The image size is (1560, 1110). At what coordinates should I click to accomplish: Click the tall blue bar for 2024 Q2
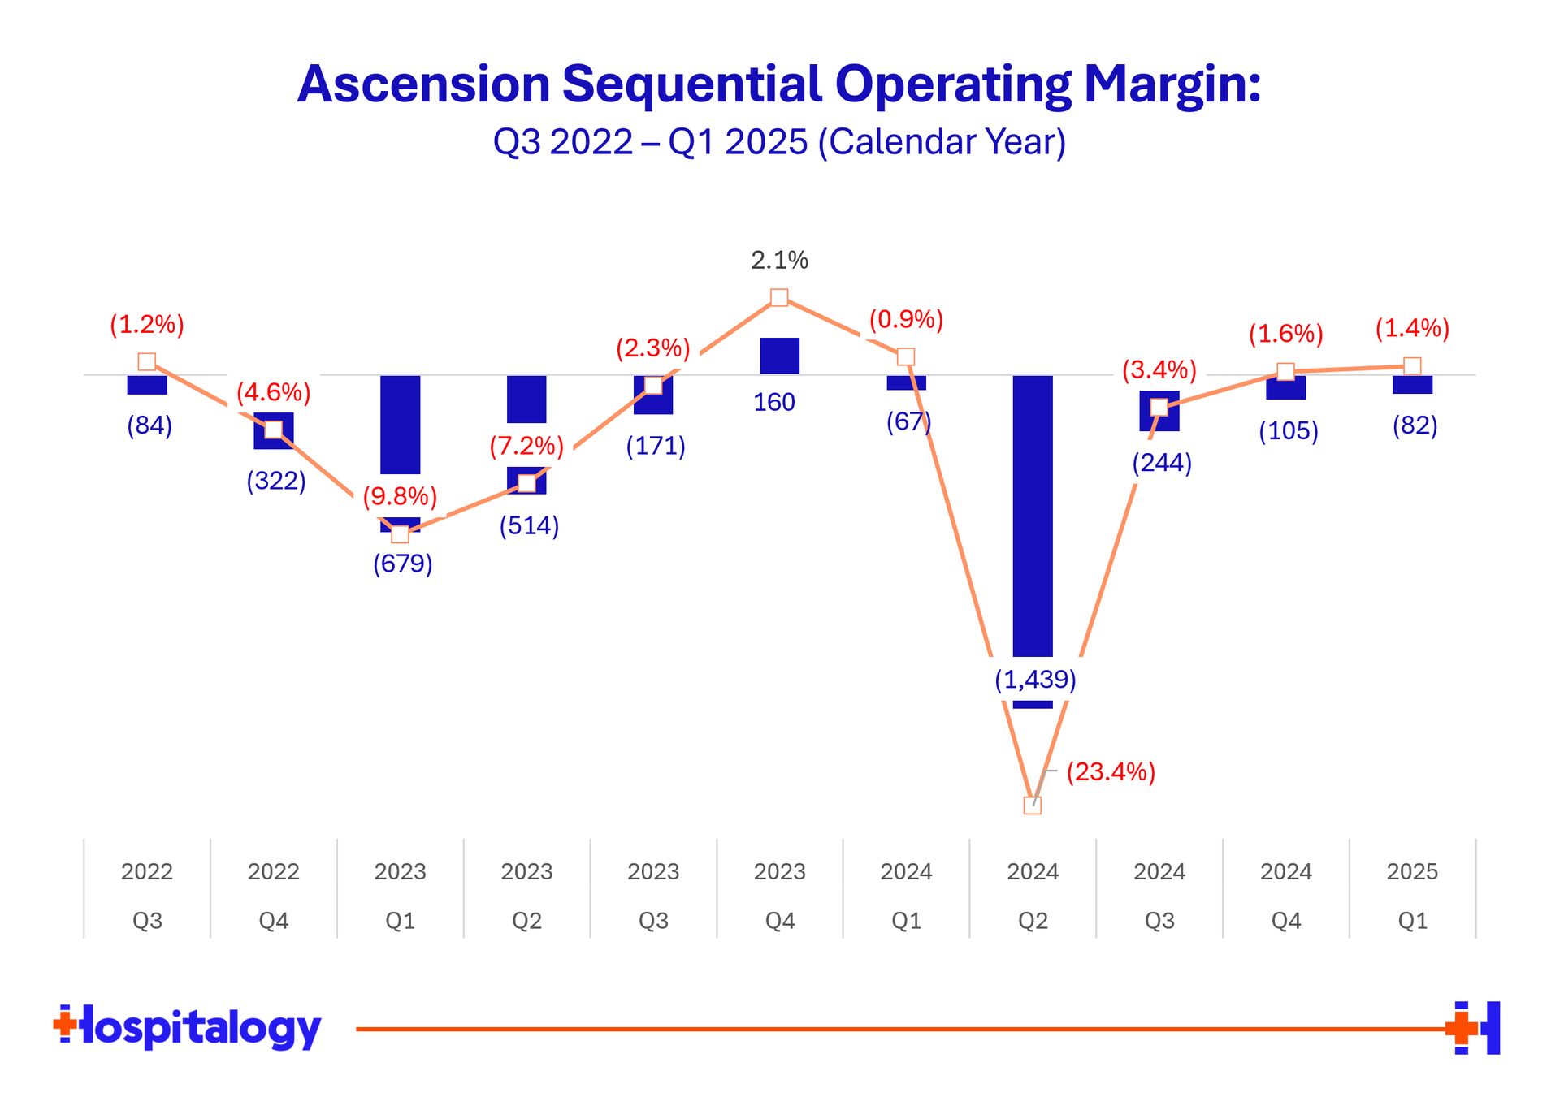point(1033,520)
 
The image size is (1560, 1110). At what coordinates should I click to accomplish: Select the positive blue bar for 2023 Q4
point(780,356)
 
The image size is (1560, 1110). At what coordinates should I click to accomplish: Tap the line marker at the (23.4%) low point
point(1033,805)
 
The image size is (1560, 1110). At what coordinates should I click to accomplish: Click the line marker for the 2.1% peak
point(779,297)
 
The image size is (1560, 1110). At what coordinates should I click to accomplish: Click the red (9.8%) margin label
point(400,495)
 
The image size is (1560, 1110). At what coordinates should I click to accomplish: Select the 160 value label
point(774,402)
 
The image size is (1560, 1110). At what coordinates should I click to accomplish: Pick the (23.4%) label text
point(1111,771)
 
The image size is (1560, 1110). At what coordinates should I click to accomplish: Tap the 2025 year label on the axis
point(1413,871)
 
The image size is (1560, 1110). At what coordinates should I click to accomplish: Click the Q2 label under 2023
point(526,921)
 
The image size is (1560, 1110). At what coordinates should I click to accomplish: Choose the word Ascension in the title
point(423,84)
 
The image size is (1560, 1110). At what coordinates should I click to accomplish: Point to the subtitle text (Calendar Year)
point(942,142)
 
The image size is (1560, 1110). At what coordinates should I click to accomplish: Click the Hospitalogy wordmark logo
point(188,1027)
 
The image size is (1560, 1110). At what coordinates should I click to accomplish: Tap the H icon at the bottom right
point(1473,1028)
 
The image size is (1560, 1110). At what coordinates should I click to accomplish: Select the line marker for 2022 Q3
point(147,361)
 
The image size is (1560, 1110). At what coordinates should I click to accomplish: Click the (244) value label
point(1162,463)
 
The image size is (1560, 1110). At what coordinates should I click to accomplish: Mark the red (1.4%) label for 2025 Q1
point(1412,329)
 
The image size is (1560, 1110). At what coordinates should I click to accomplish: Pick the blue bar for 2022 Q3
point(147,385)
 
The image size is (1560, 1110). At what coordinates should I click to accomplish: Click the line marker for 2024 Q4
point(1285,372)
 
